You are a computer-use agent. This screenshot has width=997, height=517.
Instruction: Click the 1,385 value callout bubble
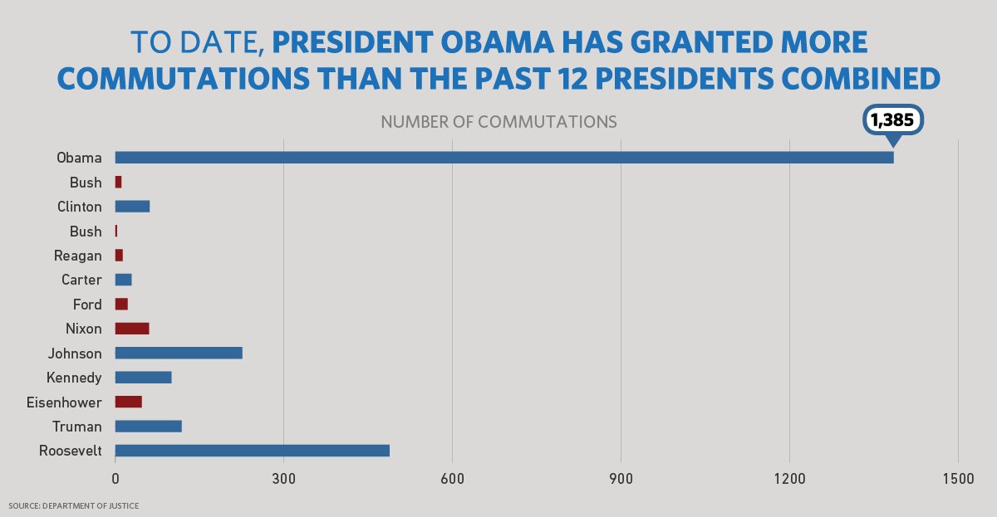click(892, 119)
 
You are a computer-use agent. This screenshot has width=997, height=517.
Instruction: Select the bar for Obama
click(504, 158)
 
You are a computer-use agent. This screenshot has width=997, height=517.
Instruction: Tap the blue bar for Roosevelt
click(252, 451)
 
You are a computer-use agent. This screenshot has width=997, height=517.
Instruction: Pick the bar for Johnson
click(179, 353)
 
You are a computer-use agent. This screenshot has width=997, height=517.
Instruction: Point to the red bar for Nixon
click(132, 329)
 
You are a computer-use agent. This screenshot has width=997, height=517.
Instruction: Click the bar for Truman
click(148, 427)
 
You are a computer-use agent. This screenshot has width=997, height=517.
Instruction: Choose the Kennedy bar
click(143, 378)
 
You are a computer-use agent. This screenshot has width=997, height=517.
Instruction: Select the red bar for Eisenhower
click(129, 402)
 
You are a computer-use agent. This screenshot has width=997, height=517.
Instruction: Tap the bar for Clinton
click(132, 207)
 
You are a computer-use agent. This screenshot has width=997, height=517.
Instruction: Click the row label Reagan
click(77, 256)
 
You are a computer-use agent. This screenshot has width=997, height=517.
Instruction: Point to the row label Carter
click(81, 280)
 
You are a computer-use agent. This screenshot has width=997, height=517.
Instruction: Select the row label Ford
click(87, 305)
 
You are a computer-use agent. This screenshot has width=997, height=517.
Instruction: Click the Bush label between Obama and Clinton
click(86, 183)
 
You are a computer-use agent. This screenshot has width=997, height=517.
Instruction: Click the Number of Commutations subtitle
click(498, 122)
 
